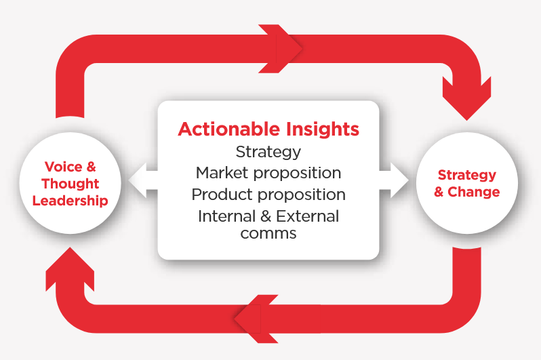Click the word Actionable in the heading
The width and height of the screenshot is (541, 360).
pyautogui.click(x=228, y=129)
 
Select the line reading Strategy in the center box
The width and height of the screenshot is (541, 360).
pyautogui.click(x=268, y=153)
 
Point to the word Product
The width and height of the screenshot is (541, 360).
pyautogui.click(x=222, y=195)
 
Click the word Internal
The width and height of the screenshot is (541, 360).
pyautogui.click(x=226, y=216)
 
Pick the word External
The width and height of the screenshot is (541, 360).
pyautogui.click(x=308, y=216)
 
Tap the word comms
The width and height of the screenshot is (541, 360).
pyautogui.click(x=268, y=234)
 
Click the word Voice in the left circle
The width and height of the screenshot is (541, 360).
pyautogui.click(x=64, y=167)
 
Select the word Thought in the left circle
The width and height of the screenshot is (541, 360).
pyautogui.click(x=71, y=184)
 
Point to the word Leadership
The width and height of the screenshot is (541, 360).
pyautogui.click(x=71, y=201)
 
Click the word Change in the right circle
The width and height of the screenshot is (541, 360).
pyautogui.click(x=474, y=192)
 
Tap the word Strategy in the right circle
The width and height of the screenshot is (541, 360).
pyautogui.click(x=467, y=176)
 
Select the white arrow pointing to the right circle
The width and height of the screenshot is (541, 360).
pyautogui.click(x=394, y=180)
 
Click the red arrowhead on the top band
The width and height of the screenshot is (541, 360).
pyautogui.click(x=281, y=49)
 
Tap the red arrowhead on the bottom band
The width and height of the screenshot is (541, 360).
pyautogui.click(x=256, y=319)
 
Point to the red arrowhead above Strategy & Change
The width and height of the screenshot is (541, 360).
pyautogui.click(x=467, y=100)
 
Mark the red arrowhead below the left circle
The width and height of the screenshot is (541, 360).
pyautogui.click(x=70, y=268)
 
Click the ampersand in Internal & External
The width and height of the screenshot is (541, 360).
pyautogui.click(x=266, y=216)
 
